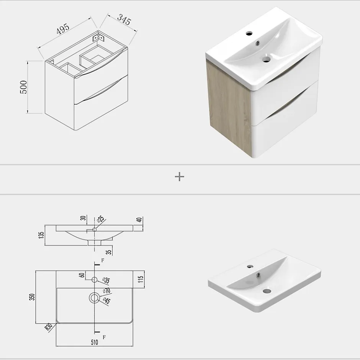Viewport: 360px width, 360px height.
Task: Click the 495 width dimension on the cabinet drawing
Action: click(x=63, y=29)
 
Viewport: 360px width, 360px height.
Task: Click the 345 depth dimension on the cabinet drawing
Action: click(x=124, y=20)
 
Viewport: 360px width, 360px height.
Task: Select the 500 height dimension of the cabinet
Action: click(x=24, y=87)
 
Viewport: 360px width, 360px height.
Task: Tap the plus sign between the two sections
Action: click(x=180, y=177)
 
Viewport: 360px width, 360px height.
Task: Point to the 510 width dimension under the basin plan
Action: click(x=94, y=342)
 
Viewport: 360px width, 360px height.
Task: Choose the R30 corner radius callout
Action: click(x=48, y=327)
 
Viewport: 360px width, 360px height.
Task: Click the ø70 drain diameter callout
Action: click(x=106, y=291)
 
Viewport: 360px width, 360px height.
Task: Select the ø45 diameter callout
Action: click(x=106, y=301)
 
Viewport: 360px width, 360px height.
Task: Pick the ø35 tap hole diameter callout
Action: click(x=106, y=280)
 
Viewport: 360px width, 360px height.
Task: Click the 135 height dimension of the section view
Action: click(x=41, y=235)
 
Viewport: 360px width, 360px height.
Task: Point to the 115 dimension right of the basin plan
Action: click(x=141, y=279)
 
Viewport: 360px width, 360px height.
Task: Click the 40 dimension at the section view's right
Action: click(x=139, y=220)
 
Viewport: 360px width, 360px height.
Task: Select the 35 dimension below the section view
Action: click(x=109, y=252)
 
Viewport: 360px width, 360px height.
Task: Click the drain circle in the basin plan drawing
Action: click(x=94, y=298)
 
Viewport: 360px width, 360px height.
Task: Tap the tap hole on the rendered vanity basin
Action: click(x=249, y=34)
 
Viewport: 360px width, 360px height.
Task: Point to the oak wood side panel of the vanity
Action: click(x=229, y=105)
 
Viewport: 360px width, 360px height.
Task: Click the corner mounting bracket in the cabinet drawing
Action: click(x=99, y=38)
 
